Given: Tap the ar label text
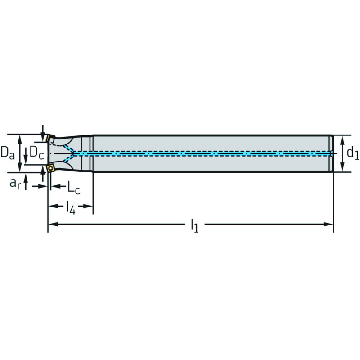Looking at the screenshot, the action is [x=15, y=184].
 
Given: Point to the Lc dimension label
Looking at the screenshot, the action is [x=74, y=188].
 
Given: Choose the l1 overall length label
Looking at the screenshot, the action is [x=195, y=226].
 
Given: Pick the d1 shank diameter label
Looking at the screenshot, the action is [x=353, y=153].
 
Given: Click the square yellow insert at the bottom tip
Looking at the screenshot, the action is [x=50, y=168].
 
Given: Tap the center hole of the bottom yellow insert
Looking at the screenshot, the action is [x=50, y=168].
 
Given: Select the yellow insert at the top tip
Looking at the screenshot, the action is [x=50, y=139].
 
